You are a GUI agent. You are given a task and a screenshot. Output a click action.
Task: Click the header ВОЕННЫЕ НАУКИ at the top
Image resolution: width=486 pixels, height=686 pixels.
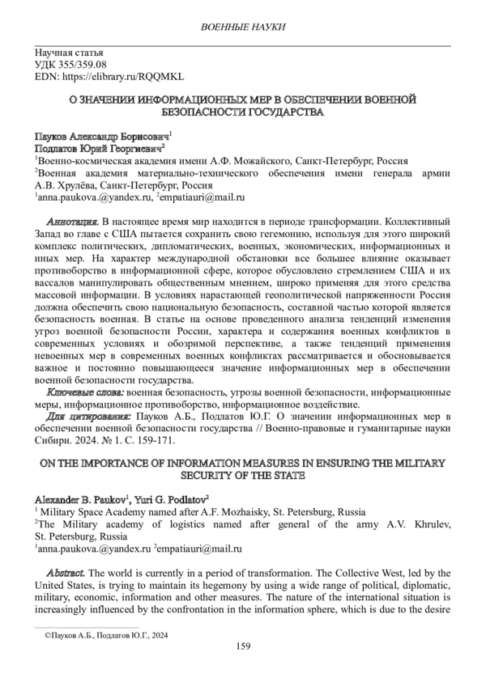tap(243, 28)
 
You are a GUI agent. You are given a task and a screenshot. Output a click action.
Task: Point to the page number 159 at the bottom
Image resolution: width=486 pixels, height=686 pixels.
tap(242, 646)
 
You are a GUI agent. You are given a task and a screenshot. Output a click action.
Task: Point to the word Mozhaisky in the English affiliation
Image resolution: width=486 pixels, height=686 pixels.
tap(224, 512)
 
